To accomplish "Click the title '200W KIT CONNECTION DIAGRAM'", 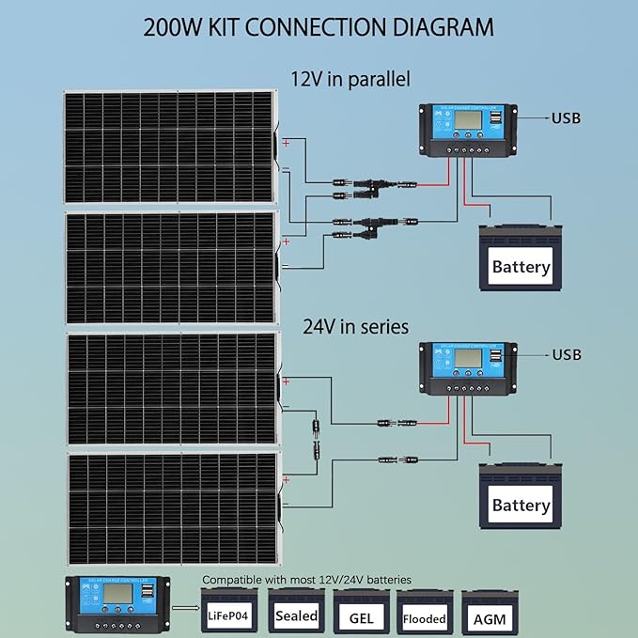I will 319,25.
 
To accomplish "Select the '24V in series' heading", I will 355,327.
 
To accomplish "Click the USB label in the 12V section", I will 566,118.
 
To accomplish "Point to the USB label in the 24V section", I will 566,355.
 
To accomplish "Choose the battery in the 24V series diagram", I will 520,496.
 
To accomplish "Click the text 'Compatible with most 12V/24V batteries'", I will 307,580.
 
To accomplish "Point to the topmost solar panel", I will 169,147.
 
